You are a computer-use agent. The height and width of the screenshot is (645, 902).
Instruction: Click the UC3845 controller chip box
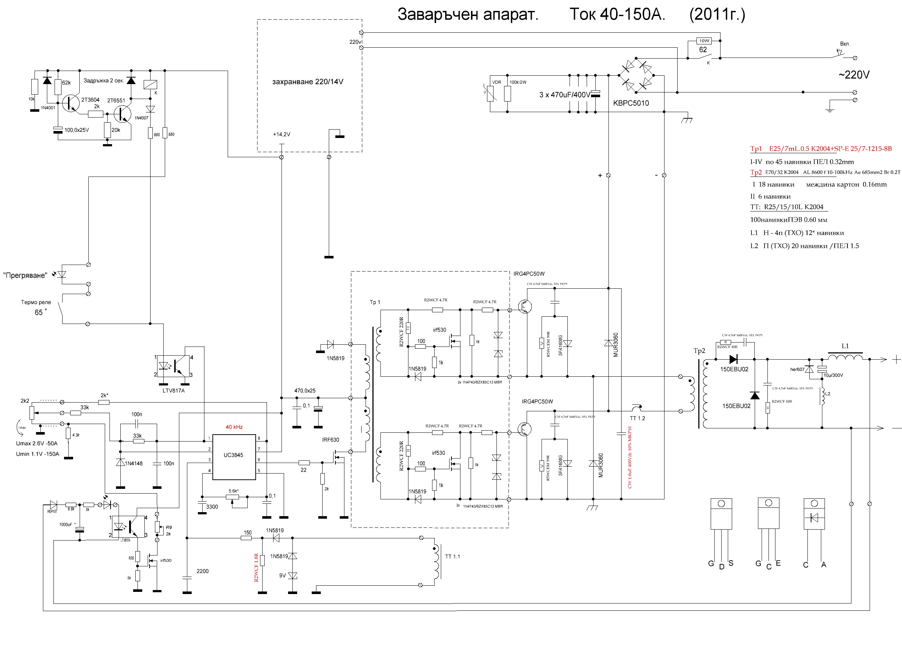[x=234, y=457]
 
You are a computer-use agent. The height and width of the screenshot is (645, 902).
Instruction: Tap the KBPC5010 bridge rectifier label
[x=631, y=103]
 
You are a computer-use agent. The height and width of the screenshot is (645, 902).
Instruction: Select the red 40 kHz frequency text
[x=234, y=427]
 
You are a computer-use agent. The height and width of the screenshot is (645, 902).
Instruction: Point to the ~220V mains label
[x=854, y=75]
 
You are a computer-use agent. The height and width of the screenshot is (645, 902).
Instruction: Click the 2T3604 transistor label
[x=90, y=100]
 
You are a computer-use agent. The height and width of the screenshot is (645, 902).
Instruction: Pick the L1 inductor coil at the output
[x=845, y=358]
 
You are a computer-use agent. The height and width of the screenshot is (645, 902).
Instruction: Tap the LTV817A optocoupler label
[x=173, y=391]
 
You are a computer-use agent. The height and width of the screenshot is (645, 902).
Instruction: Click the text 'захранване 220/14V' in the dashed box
[x=308, y=82]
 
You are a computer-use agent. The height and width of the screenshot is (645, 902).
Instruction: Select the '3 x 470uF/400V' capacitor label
[x=564, y=95]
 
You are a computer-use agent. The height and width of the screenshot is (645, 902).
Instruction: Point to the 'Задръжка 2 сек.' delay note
[x=104, y=81]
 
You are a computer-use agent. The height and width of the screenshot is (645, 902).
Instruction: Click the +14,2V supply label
[x=282, y=134]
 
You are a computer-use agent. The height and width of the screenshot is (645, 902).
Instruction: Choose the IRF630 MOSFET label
[x=331, y=440]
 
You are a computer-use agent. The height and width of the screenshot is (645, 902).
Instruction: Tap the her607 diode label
[x=797, y=369]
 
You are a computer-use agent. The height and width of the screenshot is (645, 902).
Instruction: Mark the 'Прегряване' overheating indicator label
[x=25, y=276]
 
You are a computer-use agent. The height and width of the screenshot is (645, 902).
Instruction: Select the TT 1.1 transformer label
[x=452, y=557]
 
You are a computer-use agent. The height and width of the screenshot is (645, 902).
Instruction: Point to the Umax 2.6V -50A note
[x=36, y=443]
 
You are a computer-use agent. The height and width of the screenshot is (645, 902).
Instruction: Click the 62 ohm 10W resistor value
[x=703, y=50]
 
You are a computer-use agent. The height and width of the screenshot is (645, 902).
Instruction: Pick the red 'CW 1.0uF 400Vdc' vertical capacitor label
[x=629, y=457]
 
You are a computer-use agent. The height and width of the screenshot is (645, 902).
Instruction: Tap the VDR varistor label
[x=496, y=82]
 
